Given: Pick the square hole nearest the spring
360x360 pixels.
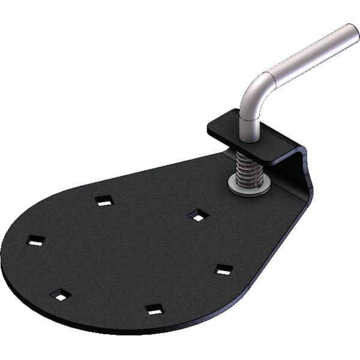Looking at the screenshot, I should click(197, 215).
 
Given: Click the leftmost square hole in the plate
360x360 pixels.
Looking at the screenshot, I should click(36, 241).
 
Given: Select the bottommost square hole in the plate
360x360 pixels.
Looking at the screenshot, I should click(154, 310).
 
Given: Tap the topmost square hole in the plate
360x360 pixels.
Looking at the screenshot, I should click(104, 202).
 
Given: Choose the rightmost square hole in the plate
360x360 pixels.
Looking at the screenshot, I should click(223, 269).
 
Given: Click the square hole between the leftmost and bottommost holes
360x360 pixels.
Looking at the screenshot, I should click(60, 295).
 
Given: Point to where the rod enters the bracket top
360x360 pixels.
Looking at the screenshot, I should click(248, 137).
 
